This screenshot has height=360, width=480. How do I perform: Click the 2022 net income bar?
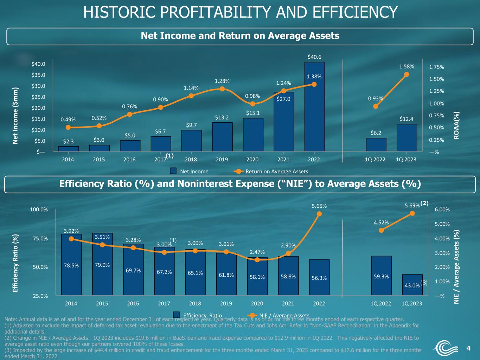(314, 107)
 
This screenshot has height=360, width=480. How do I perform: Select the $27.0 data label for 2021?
(283, 99)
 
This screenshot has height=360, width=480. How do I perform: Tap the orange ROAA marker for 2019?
(222, 89)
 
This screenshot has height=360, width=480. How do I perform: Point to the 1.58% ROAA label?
(407, 66)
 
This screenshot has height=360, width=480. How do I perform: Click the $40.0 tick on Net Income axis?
(38, 64)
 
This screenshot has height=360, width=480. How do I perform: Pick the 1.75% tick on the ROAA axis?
(436, 67)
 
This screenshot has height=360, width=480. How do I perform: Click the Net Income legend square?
(173, 171)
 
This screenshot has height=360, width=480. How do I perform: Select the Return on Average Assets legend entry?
(271, 171)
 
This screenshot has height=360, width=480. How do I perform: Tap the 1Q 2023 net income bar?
(407, 138)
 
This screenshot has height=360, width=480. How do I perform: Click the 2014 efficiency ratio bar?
(71, 265)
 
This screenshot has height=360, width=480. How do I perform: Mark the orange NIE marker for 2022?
(319, 214)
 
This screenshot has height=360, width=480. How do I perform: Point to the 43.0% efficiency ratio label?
(412, 285)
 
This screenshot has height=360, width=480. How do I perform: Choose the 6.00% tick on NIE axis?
(442, 210)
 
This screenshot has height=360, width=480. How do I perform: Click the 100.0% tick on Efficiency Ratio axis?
(39, 210)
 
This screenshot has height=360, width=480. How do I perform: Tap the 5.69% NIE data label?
(412, 205)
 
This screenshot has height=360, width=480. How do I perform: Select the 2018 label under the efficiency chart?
(195, 303)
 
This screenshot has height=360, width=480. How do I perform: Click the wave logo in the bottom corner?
(446, 348)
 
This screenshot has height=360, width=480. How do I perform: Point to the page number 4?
(468, 348)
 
